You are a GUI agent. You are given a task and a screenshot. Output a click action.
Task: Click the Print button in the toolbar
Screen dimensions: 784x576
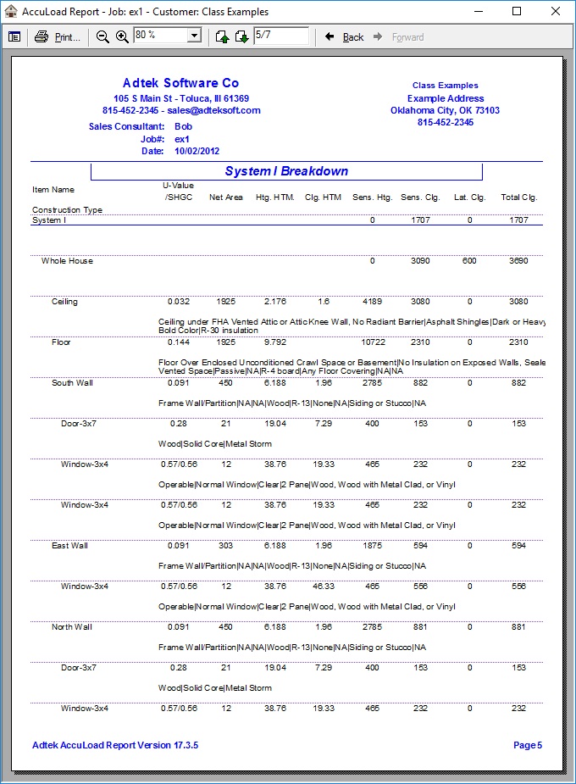[57, 36]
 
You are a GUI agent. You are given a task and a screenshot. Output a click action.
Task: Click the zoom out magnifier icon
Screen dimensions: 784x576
[103, 36]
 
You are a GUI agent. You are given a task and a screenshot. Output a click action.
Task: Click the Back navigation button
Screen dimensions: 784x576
[345, 37]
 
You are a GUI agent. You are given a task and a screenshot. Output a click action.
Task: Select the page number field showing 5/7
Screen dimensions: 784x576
[280, 36]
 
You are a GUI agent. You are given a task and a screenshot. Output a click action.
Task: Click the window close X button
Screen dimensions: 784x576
[555, 12]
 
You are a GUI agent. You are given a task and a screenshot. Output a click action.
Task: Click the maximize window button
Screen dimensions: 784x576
[517, 12]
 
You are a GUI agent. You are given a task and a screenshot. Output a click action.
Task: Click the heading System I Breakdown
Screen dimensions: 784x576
[286, 171]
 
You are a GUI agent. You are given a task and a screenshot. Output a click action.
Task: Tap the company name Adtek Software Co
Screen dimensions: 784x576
[180, 83]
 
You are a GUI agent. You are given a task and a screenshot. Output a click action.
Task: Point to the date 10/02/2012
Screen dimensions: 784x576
[197, 151]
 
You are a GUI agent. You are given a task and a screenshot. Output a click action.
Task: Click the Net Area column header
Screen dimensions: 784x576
[226, 197]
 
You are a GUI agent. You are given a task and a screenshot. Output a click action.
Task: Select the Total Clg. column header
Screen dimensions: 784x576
[518, 197]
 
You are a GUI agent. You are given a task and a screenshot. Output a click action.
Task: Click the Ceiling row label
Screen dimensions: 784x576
[65, 302]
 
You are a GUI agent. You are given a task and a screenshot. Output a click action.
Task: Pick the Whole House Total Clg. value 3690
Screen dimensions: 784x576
[518, 261]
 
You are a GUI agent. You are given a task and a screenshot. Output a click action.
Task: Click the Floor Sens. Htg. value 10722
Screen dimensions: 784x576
[372, 342]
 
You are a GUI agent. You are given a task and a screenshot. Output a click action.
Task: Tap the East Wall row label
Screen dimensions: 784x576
[69, 546]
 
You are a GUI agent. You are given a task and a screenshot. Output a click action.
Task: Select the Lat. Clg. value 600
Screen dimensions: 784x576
[469, 261]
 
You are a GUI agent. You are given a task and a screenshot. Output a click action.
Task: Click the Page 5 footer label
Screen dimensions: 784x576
[527, 746]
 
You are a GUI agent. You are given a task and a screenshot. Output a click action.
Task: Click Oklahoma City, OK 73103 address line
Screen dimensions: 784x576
[445, 111]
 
